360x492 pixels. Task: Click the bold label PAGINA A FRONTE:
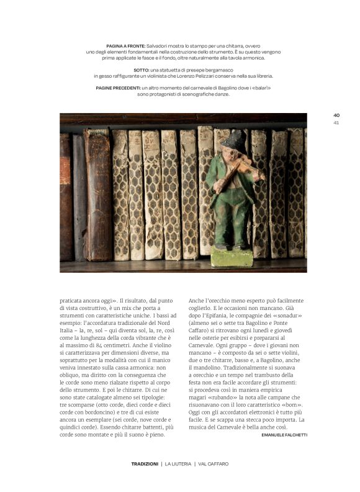[x=126, y=46]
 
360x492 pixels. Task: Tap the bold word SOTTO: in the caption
[x=142, y=70]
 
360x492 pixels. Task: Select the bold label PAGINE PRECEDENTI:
[x=119, y=88]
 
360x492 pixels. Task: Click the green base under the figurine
[x=232, y=256]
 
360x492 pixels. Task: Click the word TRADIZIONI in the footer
[x=144, y=463]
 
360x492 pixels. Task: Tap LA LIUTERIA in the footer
[x=177, y=463]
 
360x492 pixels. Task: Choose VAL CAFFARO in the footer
[x=213, y=463]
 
